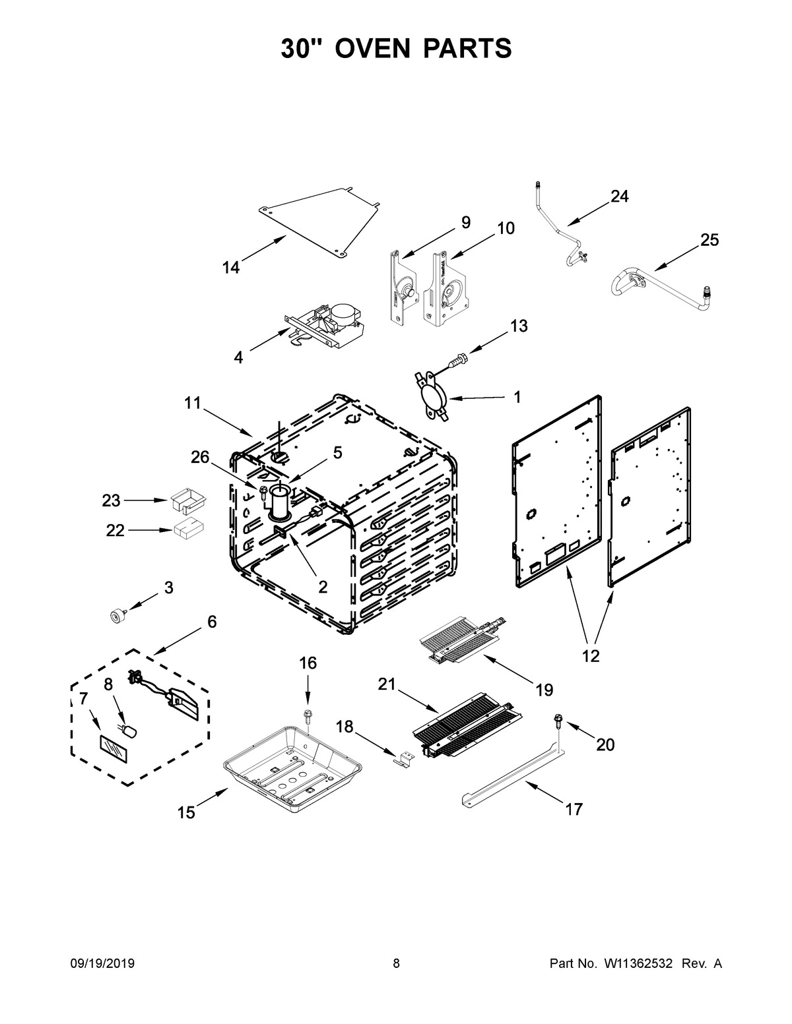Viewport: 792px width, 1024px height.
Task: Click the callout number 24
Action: [619, 196]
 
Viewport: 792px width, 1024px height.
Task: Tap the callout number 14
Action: [230, 268]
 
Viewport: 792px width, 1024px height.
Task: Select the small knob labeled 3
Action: [118, 615]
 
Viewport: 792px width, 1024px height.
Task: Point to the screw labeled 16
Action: [308, 715]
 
